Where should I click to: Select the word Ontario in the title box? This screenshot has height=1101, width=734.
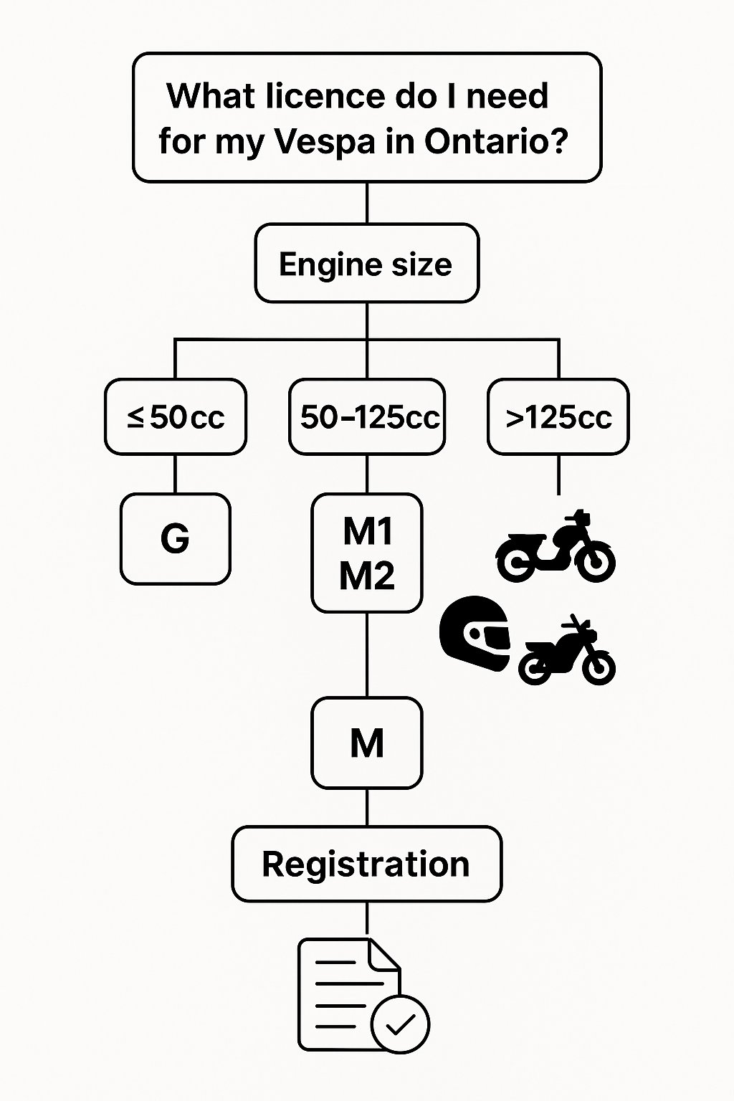pyautogui.click(x=496, y=141)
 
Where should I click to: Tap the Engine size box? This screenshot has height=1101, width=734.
pyautogui.click(x=366, y=264)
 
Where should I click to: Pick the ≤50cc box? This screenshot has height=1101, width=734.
pyautogui.click(x=176, y=416)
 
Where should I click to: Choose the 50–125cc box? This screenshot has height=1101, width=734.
pyautogui.click(x=367, y=416)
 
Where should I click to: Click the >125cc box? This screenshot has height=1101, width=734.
pyautogui.click(x=558, y=416)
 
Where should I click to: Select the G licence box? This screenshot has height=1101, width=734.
pyautogui.click(x=176, y=538)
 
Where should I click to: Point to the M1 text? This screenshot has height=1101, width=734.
pyautogui.click(x=367, y=531)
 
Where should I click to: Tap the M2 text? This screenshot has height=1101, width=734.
pyautogui.click(x=367, y=575)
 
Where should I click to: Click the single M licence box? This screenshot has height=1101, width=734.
pyautogui.click(x=367, y=743)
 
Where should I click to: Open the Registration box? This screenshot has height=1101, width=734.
pyautogui.click(x=366, y=864)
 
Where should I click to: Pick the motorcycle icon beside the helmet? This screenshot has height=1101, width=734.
pyautogui.click(x=567, y=653)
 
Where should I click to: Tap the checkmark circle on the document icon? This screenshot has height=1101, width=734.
pyautogui.click(x=400, y=1024)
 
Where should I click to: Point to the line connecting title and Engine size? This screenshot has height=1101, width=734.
pyautogui.click(x=367, y=203)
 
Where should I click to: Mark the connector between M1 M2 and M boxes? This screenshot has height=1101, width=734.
pyautogui.click(x=367, y=654)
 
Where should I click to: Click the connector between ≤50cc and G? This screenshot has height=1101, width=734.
pyautogui.click(x=176, y=474)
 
